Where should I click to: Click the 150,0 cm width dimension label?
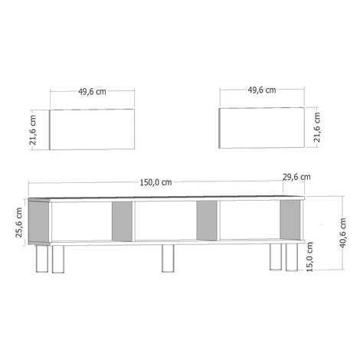coord(155,182)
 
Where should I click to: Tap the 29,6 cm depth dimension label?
coord(296,177)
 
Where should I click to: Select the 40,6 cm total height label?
coord(342,233)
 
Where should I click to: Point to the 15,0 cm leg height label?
coord(309,257)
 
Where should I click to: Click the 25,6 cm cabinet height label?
coord(19,222)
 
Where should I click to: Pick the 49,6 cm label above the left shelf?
coord(92,91)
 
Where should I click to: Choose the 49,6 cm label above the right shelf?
coord(262,90)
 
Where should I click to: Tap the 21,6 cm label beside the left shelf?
coord(33,130)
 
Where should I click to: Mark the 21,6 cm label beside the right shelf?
coord(316,127)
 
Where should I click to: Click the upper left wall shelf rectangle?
coord(92,129)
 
